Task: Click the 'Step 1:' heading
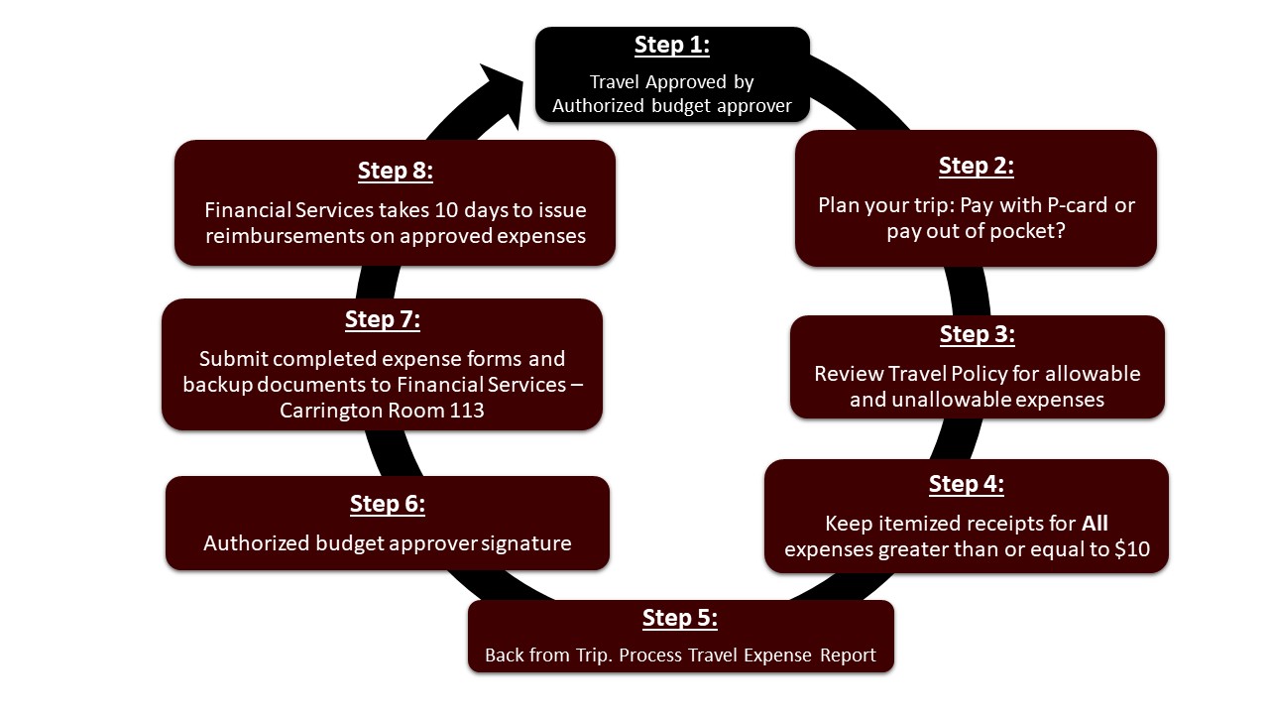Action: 672,46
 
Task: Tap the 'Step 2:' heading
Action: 976,166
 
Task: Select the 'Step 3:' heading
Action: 977,335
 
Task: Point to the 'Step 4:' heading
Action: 966,484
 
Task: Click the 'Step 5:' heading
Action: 679,618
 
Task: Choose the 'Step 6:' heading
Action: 387,504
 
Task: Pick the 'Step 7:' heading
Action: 382,319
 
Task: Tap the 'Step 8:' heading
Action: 395,171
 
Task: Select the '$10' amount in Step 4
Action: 1131,548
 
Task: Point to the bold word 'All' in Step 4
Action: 1094,523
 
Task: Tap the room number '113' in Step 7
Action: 464,410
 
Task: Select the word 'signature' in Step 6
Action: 526,543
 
